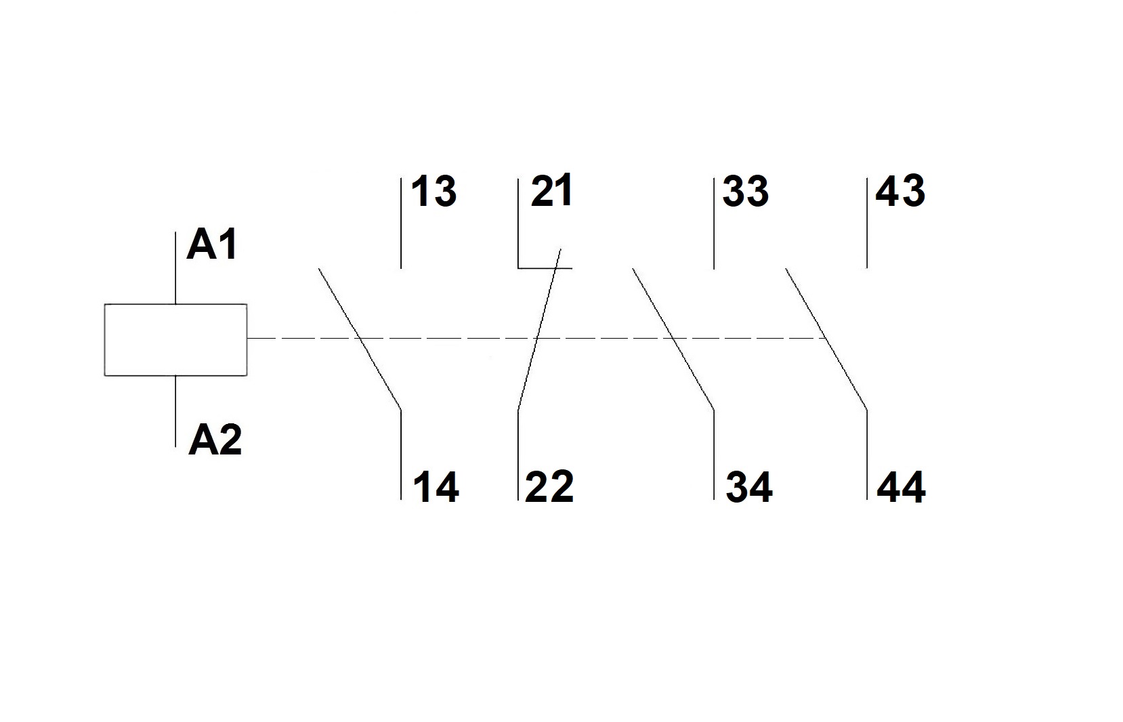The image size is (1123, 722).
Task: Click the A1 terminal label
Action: (x=213, y=245)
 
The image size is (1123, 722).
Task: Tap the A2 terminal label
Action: (x=215, y=440)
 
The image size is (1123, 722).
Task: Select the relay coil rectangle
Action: (x=175, y=339)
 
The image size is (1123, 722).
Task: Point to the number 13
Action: (x=433, y=192)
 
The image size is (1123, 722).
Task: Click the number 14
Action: (x=436, y=487)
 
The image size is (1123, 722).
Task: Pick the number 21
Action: (x=551, y=191)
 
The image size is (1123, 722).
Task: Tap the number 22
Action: (x=549, y=487)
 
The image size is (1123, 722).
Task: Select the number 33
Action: (x=745, y=192)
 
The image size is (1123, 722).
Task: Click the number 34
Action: (x=749, y=487)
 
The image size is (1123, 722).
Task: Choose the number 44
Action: (x=901, y=488)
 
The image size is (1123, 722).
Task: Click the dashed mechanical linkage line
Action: (x=474, y=338)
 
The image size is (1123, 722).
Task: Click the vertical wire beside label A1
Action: (x=175, y=268)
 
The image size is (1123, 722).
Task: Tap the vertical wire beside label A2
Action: (x=175, y=410)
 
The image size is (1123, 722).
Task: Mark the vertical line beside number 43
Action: (x=867, y=224)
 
